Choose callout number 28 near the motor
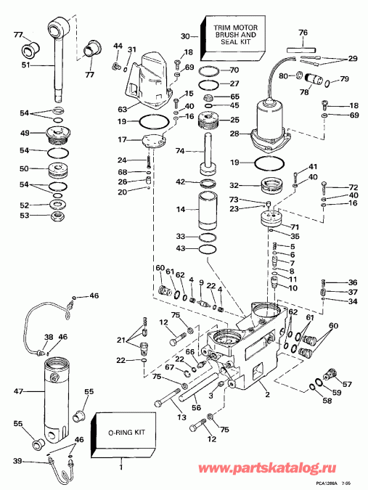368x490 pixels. pos(234,134)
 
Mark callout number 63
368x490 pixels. pos(123,109)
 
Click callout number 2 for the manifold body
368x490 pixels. pos(267,395)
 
